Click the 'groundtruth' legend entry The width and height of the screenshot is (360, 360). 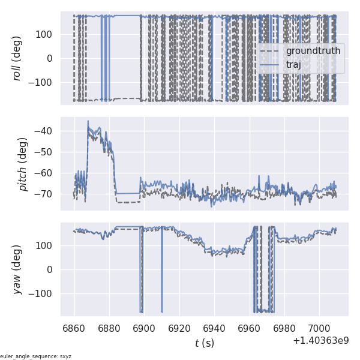click(313, 51)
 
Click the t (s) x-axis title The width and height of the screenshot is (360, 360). click(204, 343)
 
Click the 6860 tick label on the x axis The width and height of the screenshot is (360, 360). click(74, 329)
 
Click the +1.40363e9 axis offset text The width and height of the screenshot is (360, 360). click(320, 341)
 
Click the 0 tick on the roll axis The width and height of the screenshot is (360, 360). click(52, 58)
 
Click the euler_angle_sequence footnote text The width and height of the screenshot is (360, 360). click(36, 356)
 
